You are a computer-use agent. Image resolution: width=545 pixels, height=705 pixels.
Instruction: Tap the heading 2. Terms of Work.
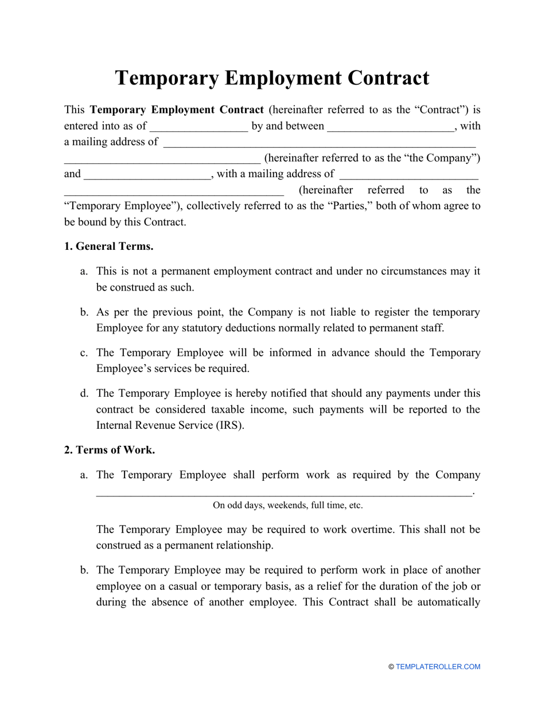tap(109, 450)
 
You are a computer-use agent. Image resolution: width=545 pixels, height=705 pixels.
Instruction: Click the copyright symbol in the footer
tap(391, 667)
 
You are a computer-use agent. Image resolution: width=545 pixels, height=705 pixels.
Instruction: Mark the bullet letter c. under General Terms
tap(84, 352)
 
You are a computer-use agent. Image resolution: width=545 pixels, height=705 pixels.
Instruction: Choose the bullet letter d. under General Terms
tap(84, 394)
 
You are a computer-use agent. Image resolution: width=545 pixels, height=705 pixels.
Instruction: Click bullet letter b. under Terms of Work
tap(84, 570)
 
